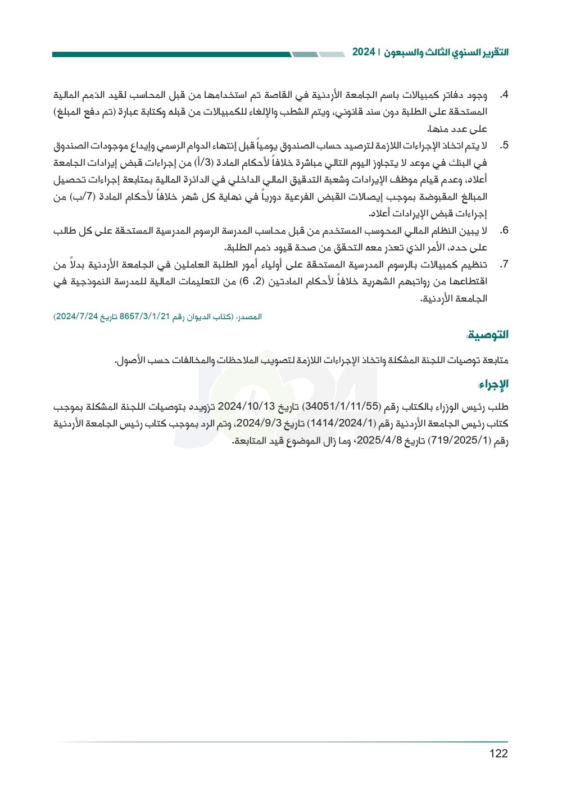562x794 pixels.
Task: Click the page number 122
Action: point(498,754)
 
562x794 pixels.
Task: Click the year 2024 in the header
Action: point(364,52)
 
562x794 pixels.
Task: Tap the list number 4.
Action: point(504,95)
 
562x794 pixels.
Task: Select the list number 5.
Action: point(504,146)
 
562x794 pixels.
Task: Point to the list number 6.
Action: point(504,230)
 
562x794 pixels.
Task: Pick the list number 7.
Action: point(504,264)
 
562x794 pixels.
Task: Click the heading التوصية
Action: point(487,335)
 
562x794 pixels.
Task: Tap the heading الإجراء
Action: point(493,384)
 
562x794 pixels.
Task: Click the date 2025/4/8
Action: point(379,441)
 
